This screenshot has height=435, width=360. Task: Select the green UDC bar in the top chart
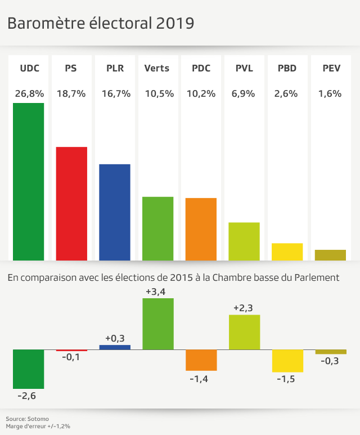tap(28, 181)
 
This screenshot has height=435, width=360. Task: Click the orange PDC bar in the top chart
tap(201, 229)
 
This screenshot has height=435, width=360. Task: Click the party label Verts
tap(157, 69)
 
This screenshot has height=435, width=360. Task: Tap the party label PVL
tap(244, 69)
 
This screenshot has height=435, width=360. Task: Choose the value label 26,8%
tap(29, 94)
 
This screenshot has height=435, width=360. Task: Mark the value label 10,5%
tap(158, 94)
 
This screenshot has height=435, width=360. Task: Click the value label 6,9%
tap(244, 94)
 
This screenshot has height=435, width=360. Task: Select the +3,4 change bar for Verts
tap(158, 324)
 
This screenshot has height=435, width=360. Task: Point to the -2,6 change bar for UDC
tap(28, 369)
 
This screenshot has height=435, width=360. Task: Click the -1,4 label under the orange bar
tap(201, 379)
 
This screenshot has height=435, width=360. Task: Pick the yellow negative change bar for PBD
tap(287, 361)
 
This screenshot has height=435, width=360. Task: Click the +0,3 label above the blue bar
tap(115, 339)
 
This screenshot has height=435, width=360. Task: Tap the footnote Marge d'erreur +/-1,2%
tap(38, 427)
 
